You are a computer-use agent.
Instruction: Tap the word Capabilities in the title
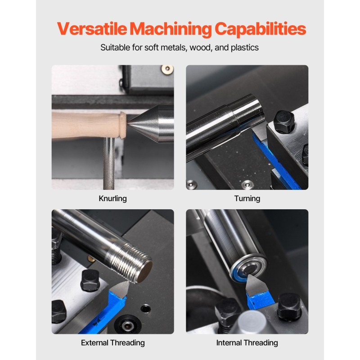click(x=260, y=29)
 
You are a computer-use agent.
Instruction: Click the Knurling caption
click(x=112, y=198)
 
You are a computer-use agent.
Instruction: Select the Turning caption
click(x=247, y=198)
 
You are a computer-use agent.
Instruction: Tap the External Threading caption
click(x=112, y=342)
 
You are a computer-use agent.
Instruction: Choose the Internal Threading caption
click(x=247, y=342)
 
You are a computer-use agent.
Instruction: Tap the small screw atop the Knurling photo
click(x=167, y=69)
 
